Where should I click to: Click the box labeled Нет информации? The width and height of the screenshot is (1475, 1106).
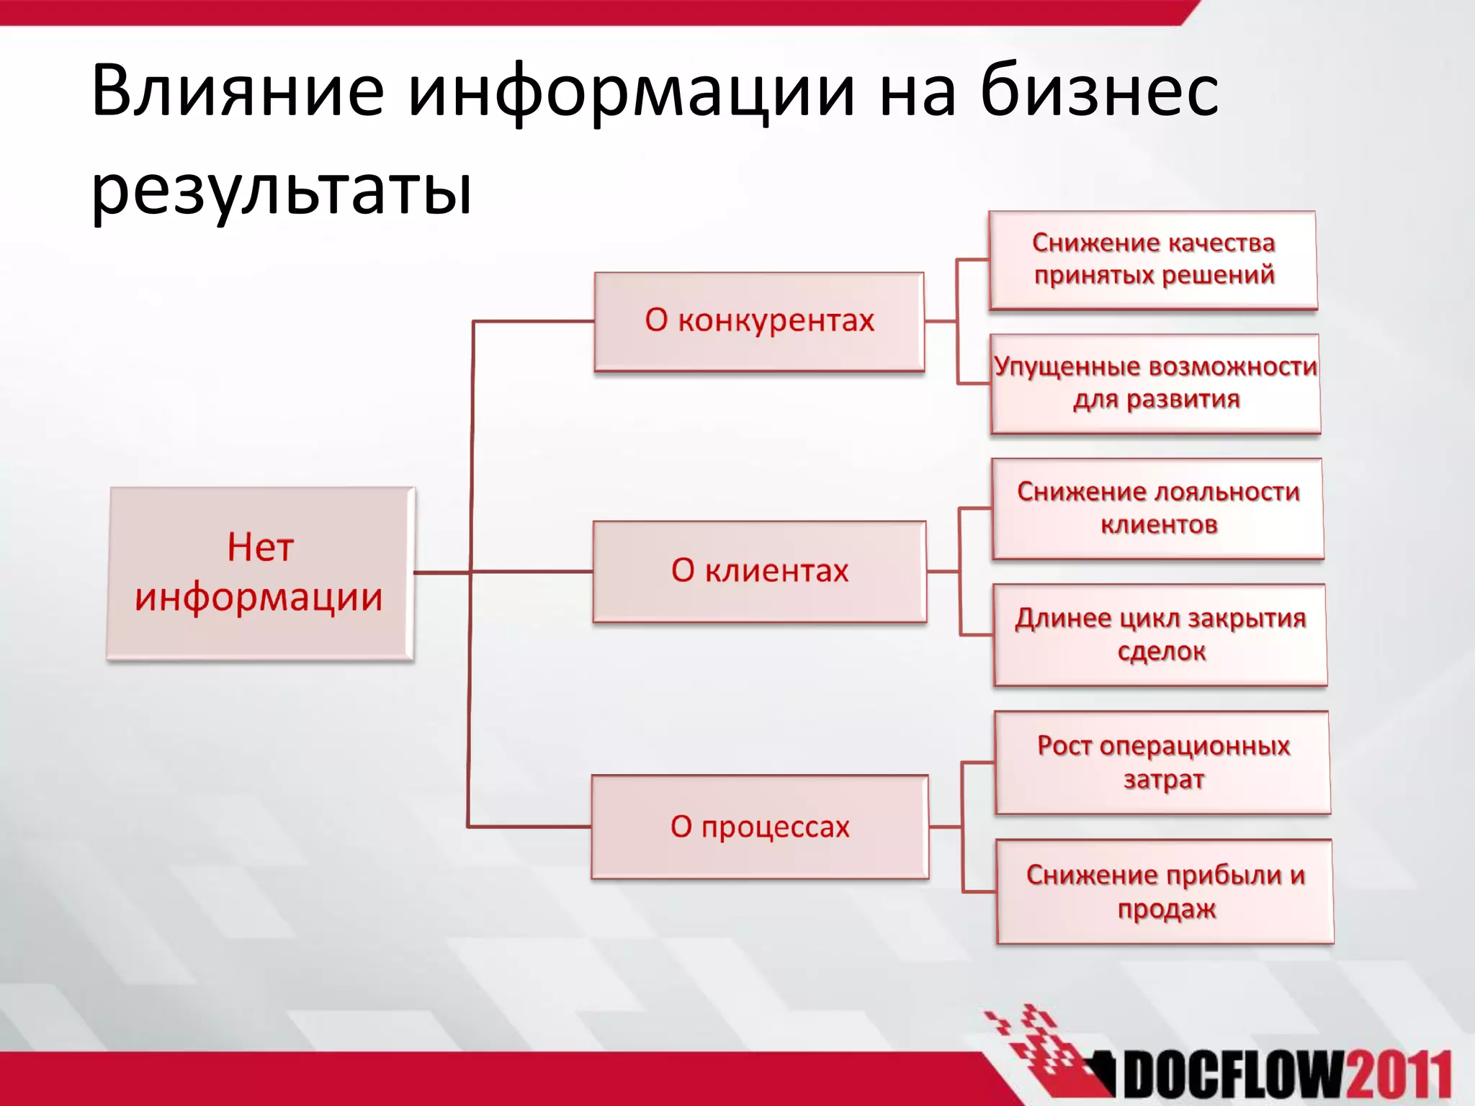tap(260, 573)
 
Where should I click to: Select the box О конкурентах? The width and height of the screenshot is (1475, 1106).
tap(759, 321)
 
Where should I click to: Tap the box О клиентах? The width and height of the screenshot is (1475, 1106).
tap(759, 571)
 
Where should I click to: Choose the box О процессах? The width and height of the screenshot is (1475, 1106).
tap(760, 827)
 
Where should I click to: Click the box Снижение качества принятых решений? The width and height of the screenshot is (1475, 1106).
tap(1153, 260)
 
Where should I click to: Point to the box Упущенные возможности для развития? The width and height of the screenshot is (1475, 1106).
tap(1155, 383)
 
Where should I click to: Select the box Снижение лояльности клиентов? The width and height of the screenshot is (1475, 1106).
tap(1157, 508)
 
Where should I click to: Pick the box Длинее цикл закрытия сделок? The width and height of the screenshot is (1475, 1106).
tap(1160, 634)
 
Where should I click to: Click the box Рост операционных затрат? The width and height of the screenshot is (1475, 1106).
tap(1162, 763)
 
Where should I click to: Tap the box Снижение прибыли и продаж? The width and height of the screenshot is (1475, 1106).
tap(1165, 891)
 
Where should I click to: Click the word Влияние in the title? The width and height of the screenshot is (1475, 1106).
tap(238, 91)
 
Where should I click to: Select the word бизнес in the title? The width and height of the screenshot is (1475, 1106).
tap(1098, 91)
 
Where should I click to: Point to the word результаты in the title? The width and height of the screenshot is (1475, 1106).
tap(282, 191)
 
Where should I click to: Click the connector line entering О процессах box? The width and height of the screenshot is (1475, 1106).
tap(529, 827)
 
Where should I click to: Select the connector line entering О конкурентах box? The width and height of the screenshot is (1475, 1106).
tap(533, 321)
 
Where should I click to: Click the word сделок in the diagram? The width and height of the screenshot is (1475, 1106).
tap(1161, 652)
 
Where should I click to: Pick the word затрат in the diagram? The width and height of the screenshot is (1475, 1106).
tap(1163, 780)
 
